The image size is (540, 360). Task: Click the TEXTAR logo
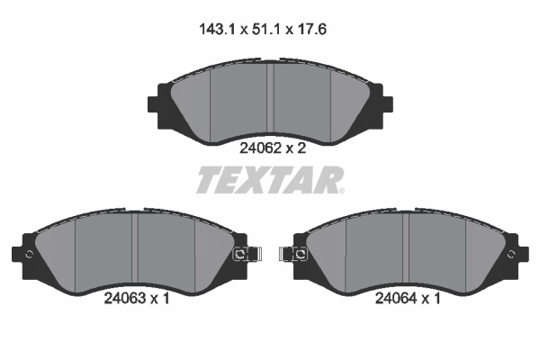click(270, 180)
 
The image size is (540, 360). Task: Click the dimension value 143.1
click(217, 30)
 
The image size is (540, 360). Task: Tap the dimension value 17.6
click(310, 30)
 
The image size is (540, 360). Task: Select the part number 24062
click(260, 148)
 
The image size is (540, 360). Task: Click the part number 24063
click(125, 298)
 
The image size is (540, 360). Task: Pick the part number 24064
click(396, 298)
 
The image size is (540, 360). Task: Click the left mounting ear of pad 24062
click(156, 104)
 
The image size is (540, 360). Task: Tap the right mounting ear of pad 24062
click(385, 104)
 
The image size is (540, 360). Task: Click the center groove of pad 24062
click(270, 98)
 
